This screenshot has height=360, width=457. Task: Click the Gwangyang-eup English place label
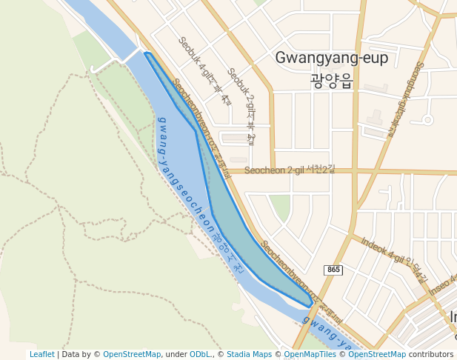pos(331,58)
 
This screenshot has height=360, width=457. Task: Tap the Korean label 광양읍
pos(331,80)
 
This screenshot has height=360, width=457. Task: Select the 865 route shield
pos(333,270)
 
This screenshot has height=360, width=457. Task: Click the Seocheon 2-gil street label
pos(289,170)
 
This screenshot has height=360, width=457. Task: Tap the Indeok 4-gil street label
pos(393,259)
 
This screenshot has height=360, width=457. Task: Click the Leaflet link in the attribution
pos(42,354)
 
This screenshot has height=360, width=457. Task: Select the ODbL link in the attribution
pos(199,354)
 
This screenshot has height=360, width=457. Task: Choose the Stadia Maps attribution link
pos(249,354)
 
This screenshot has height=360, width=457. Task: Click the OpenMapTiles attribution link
pos(312,354)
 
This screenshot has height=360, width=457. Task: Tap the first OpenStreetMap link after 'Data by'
pos(131,354)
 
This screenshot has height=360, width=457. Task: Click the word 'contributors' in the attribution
pos(431,354)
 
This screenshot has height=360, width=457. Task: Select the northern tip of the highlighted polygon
pos(147,54)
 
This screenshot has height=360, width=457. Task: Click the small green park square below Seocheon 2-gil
pos(280,207)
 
